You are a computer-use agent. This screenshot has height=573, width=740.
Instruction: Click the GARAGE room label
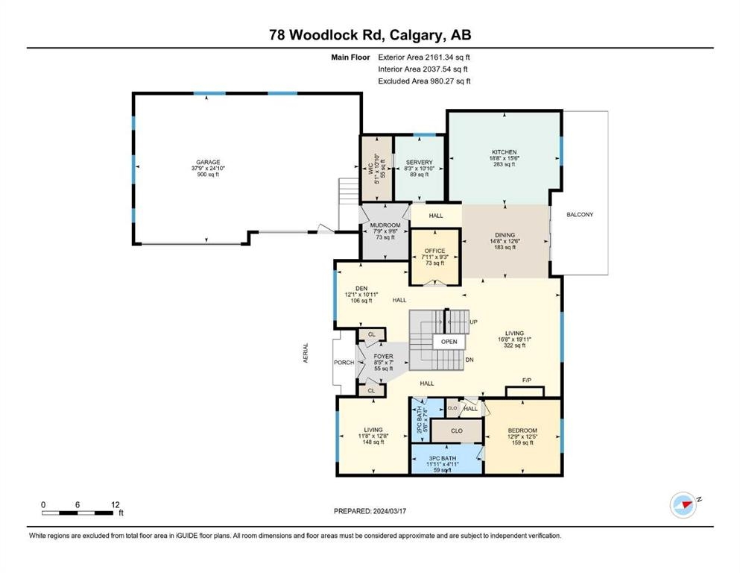coord(208,162)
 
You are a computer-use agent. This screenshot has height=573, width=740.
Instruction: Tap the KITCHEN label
coord(504,152)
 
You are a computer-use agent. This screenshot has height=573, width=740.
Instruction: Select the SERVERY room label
coord(419,162)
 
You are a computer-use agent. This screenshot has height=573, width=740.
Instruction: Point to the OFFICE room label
coord(434,251)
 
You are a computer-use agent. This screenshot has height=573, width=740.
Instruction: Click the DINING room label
coord(505,235)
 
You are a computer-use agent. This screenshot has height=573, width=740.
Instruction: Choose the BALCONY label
coord(580,214)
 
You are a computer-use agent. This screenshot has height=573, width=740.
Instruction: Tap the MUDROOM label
coord(385,225)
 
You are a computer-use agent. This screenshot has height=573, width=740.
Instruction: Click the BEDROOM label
coord(522,430)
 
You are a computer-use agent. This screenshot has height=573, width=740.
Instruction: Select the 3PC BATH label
coord(442,458)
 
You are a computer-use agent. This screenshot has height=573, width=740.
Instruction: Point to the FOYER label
coord(383,357)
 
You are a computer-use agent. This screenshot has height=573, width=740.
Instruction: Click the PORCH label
coord(344,363)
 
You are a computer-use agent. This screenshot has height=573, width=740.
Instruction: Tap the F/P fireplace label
coord(527,381)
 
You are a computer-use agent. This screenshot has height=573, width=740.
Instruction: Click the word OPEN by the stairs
coord(449,342)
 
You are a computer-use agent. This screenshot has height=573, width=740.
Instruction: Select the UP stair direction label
coord(473,322)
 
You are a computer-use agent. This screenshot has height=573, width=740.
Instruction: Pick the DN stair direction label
coord(469,360)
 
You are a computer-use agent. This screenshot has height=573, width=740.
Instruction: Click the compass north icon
coord(683,504)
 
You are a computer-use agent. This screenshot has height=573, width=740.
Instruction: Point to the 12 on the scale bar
coord(116,504)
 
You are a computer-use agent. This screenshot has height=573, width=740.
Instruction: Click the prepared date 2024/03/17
coord(390,511)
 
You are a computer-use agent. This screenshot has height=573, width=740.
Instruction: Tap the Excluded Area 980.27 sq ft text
coord(424,81)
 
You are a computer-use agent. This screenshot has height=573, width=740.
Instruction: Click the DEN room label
coord(361,288)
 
